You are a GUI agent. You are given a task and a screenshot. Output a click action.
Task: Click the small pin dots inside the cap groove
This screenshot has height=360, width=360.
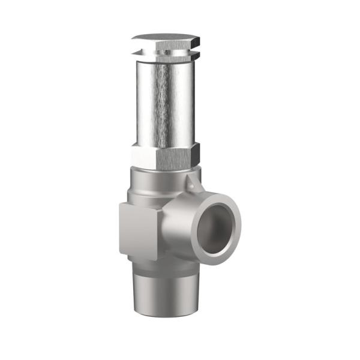[166, 52]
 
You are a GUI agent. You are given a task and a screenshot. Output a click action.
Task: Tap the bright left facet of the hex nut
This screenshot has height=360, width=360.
[143, 156]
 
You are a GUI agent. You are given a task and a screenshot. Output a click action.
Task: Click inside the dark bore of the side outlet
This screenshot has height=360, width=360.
[218, 228]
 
